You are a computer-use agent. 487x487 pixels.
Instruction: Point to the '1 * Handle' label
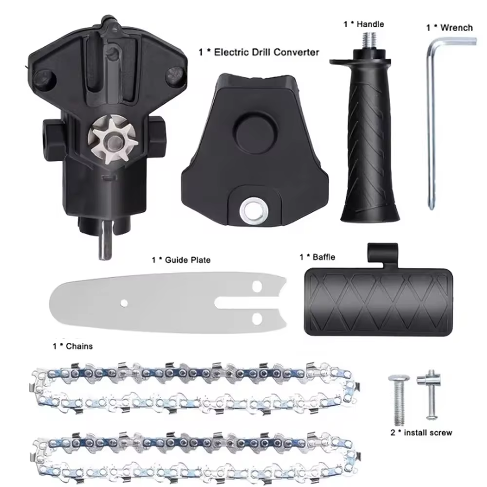coord(364,24)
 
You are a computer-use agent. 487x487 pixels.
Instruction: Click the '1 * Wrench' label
coord(449,27)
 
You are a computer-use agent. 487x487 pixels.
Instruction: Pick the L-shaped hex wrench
coord(431,122)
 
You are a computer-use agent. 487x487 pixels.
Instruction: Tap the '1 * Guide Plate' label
coord(181,260)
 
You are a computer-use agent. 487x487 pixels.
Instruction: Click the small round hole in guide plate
coord(125,303)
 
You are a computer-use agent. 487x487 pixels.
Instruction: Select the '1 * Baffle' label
coord(317,257)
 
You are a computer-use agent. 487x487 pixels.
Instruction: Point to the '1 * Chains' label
coord(73,346)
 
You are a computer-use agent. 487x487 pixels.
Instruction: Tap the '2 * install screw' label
coord(421,432)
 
